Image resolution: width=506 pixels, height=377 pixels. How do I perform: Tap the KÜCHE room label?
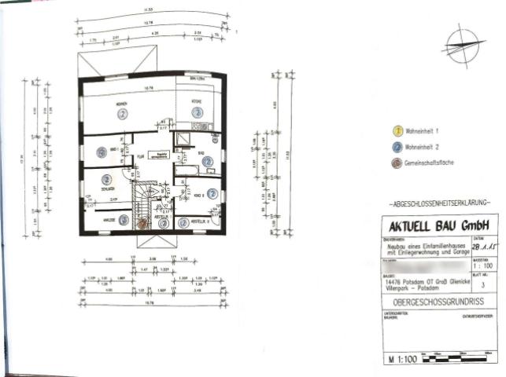tap(197, 101)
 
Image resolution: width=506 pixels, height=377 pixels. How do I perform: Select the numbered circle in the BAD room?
tap(207, 161)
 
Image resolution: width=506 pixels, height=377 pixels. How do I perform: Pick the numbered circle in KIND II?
tap(212, 193)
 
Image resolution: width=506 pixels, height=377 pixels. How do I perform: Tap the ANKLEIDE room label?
tap(105, 221)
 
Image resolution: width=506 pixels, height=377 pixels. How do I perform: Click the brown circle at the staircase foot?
tap(142, 223)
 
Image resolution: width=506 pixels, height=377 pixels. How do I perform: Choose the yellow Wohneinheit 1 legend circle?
tap(397, 127)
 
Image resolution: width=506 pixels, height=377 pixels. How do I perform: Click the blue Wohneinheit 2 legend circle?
tap(397, 145)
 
